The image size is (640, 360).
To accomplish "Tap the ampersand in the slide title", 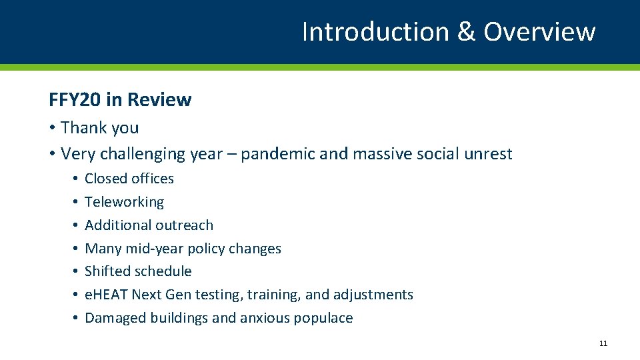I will tap(466, 31).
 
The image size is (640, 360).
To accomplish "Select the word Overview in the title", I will tap(539, 31).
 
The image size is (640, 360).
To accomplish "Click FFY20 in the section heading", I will tap(75, 100).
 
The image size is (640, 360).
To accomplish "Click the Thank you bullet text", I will tap(100, 127).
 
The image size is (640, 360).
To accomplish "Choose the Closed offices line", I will tap(129, 179).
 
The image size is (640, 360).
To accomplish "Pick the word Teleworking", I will tap(124, 202).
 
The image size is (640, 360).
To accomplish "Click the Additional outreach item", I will tap(149, 225).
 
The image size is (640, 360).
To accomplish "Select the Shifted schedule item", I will tap(138, 271).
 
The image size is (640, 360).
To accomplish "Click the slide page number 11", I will tap(603, 343).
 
